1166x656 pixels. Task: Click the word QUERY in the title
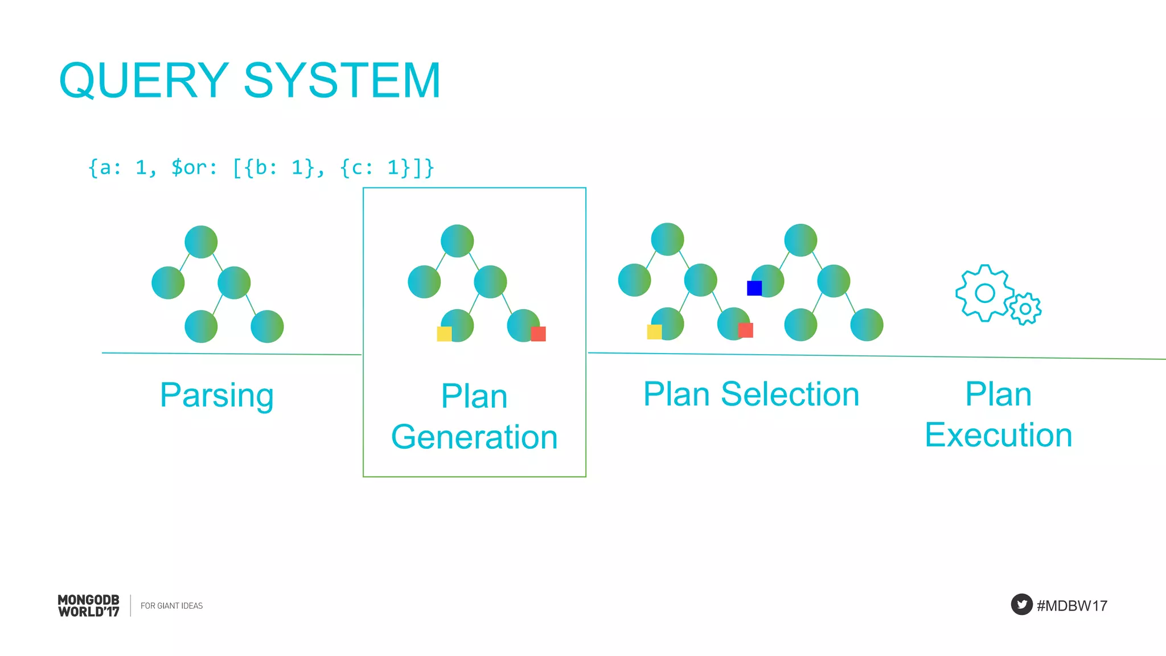(144, 81)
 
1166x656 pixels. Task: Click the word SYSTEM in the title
(342, 81)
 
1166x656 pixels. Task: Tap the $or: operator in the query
(194, 167)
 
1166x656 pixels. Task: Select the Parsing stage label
(217, 395)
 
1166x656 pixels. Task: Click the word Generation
(474, 437)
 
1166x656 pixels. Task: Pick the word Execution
(998, 436)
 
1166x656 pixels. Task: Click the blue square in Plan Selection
(754, 288)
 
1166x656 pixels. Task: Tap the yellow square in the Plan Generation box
(444, 334)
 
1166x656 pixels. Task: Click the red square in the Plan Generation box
(538, 334)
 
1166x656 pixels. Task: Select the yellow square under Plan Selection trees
(654, 331)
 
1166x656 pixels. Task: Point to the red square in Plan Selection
(745, 330)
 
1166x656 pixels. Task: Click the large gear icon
(984, 293)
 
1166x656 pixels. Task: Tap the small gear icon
(1025, 309)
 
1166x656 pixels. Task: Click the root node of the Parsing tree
(201, 242)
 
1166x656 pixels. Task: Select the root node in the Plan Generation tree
(457, 241)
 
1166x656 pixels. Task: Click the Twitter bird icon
(1021, 604)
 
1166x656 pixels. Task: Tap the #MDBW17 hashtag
(1072, 606)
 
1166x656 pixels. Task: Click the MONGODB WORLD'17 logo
(89, 606)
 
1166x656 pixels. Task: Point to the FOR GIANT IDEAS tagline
(171, 606)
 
